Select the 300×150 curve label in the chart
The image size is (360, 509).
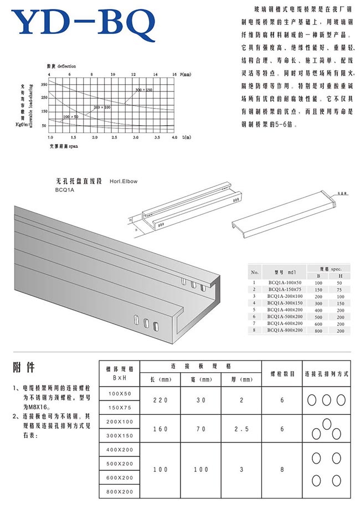143,89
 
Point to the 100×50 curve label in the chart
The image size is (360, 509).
71,117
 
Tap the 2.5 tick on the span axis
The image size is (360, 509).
114,136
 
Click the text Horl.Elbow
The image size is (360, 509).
124,181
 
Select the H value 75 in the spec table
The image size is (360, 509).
340,289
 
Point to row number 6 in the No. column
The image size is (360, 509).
254,316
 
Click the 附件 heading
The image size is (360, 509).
23,367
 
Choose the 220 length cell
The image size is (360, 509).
160,400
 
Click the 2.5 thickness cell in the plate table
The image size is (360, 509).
240,428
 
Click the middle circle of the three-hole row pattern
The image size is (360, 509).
326,400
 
